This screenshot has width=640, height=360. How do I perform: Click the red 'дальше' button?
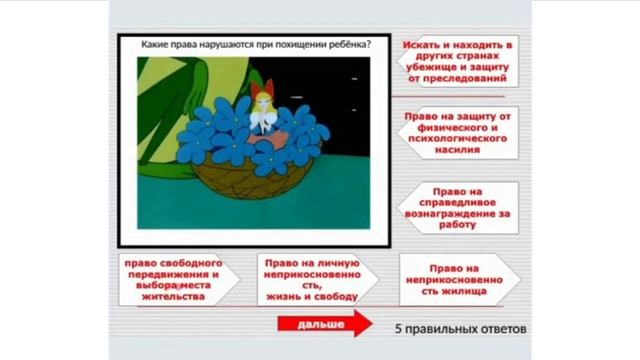320,326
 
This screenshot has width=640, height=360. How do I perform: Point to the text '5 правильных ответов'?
458,327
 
